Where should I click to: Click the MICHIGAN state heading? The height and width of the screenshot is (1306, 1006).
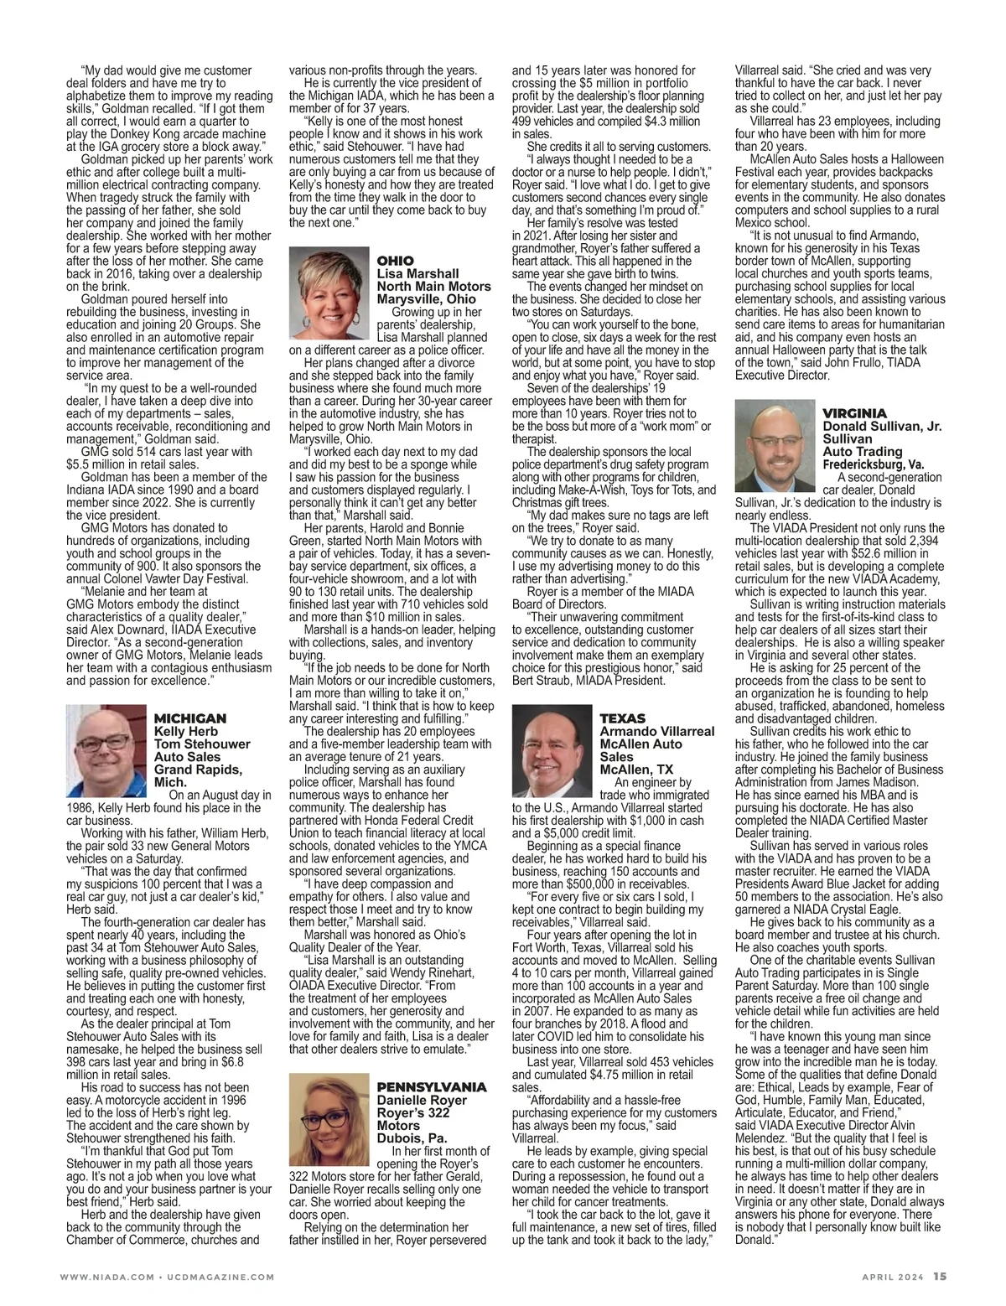[190, 718]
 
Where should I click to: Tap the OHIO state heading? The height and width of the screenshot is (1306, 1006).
[396, 262]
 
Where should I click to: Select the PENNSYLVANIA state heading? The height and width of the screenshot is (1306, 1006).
[432, 1086]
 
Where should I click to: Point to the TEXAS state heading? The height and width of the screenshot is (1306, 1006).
[623, 718]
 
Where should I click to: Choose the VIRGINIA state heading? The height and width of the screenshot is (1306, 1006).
[854, 414]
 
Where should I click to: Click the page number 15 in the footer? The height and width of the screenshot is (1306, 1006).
[941, 1277]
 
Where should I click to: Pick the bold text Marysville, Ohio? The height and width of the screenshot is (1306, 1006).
[427, 298]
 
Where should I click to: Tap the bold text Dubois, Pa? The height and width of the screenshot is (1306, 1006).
[412, 1138]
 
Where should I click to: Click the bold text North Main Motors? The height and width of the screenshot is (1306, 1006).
[434, 286]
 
